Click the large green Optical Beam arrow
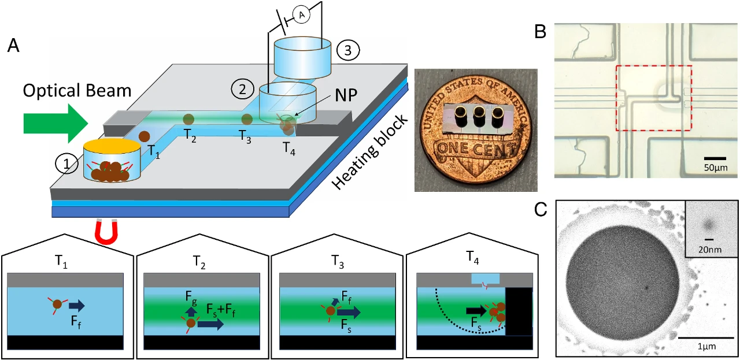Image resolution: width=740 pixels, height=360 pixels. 55,123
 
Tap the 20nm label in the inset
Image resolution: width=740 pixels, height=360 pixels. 708,250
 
